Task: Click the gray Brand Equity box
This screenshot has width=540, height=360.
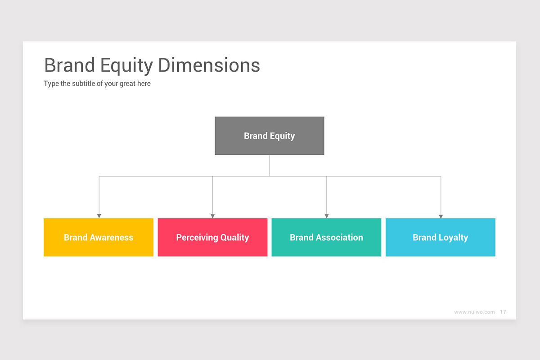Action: click(269, 136)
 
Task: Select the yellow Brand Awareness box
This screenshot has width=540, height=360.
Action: click(98, 237)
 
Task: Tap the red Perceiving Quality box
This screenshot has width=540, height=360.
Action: click(212, 237)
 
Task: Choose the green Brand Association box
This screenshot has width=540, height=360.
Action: click(326, 237)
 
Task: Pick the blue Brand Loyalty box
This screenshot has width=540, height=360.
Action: click(440, 237)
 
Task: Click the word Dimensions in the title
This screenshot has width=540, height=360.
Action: click(209, 65)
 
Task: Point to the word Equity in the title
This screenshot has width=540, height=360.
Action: click(126, 66)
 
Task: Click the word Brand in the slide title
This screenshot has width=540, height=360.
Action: click(69, 65)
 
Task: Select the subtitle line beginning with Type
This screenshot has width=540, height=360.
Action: click(97, 84)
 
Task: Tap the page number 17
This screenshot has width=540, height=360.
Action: click(503, 312)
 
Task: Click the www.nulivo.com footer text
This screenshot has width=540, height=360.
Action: click(474, 312)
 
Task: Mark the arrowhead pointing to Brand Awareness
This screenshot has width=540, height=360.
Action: click(99, 216)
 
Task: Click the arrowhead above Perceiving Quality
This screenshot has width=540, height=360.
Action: click(212, 216)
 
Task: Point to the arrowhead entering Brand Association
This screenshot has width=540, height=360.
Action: click(327, 216)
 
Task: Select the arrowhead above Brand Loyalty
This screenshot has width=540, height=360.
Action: click(441, 216)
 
